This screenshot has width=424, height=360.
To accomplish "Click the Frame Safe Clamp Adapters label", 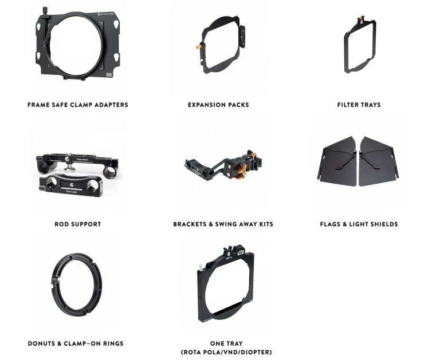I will pos(77,105).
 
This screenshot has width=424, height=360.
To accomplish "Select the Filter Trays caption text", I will pos(359,105).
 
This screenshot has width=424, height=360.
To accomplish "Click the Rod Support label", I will pos(77,224).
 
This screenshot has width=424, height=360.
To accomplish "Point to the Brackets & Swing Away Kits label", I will pos(223,224).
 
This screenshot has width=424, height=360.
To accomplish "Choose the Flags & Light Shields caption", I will pos(359,224).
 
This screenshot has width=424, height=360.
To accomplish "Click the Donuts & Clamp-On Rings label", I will pos(76,343).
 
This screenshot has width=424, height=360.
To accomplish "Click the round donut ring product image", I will pos(76,286).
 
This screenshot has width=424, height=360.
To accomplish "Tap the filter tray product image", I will pos(359,47).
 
